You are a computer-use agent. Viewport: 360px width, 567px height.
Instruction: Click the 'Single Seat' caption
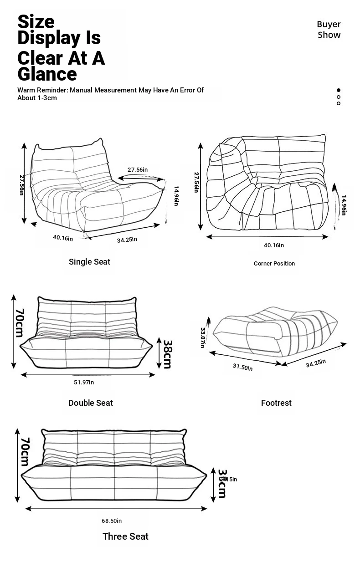pos(89,262)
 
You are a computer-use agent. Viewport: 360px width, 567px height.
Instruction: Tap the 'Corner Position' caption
pos(274,264)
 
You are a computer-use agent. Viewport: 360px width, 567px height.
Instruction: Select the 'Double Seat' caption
pos(90,403)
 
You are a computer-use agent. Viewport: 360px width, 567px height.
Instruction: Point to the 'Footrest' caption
pos(276,403)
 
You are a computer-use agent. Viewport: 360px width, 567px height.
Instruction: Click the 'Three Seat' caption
pos(125,536)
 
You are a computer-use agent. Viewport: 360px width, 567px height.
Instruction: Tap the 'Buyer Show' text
pos(329,30)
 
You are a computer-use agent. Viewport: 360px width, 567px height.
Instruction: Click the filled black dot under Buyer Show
pos(339,90)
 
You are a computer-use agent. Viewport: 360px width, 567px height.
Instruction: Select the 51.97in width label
pos(84,383)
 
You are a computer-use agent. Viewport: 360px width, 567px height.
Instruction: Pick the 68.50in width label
pos(112,521)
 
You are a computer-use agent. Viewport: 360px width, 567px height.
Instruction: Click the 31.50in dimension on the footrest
pos(242,367)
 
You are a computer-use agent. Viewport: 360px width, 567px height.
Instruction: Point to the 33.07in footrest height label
pos(203,337)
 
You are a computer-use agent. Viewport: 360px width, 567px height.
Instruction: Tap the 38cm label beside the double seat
pos(167,354)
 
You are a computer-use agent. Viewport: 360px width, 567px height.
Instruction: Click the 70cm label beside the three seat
pos(25,452)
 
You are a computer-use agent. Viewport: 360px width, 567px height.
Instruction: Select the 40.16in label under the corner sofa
pos(273,245)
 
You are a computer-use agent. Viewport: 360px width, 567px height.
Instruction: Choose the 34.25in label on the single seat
pos(127,240)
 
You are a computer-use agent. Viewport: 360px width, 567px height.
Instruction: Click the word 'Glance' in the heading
pos(47,74)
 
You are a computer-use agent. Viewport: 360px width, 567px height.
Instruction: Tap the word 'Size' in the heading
pos(36,21)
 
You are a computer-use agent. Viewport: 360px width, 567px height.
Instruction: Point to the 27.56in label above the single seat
pos(137,170)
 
